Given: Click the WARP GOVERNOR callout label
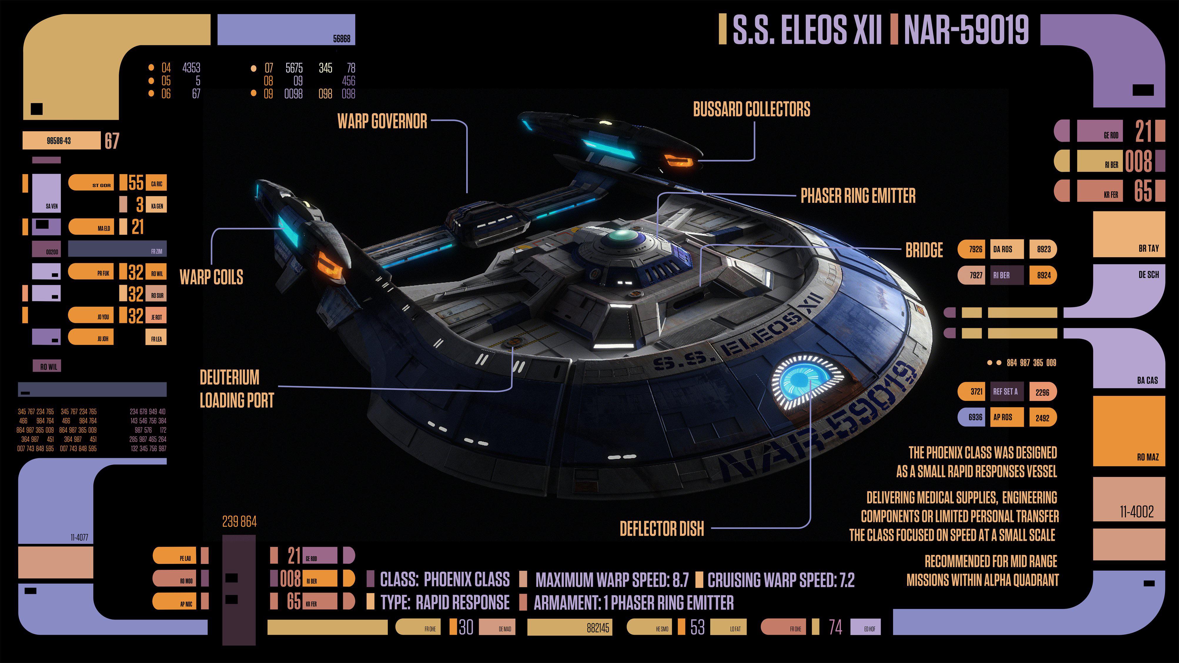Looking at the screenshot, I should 382,121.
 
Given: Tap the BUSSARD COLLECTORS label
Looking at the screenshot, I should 752,109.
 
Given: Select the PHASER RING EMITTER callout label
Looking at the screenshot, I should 858,196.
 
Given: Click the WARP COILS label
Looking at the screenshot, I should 211,277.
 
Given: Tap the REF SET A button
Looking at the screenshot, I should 1006,392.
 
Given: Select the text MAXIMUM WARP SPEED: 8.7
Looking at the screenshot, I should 612,580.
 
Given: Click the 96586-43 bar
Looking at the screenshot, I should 61,140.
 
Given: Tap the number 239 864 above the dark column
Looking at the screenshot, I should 239,522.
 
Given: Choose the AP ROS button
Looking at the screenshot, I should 1006,417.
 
